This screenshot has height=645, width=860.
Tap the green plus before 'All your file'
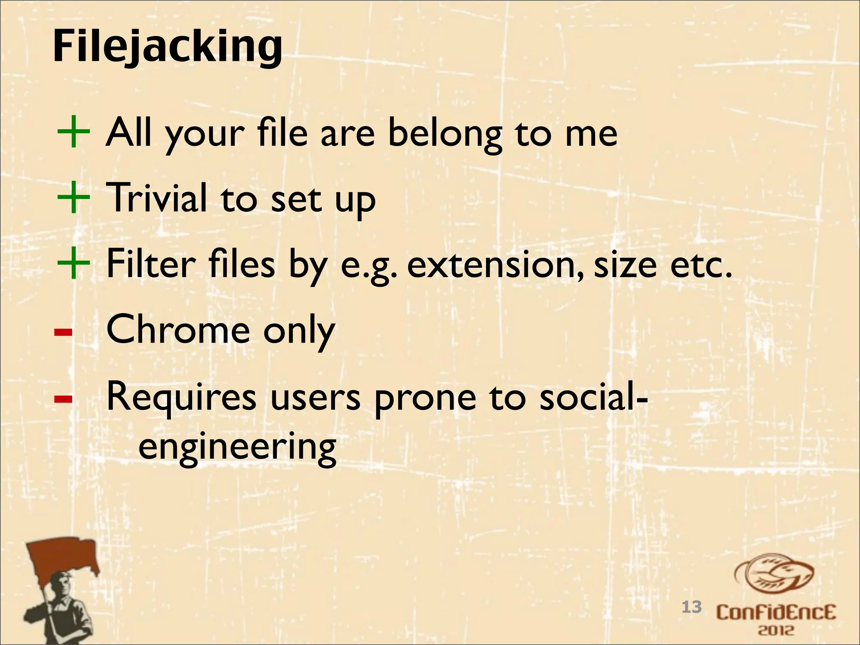point(73,132)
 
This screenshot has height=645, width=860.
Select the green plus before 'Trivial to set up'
point(73,197)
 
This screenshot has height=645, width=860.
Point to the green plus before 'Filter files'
point(73,263)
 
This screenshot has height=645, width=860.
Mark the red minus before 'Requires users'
point(63,399)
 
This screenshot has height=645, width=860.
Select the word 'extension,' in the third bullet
point(496,265)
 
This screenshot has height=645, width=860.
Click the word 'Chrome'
point(178,330)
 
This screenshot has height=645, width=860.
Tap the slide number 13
point(691,607)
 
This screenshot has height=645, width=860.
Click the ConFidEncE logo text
point(776,613)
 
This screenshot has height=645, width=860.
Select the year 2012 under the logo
point(776,630)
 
